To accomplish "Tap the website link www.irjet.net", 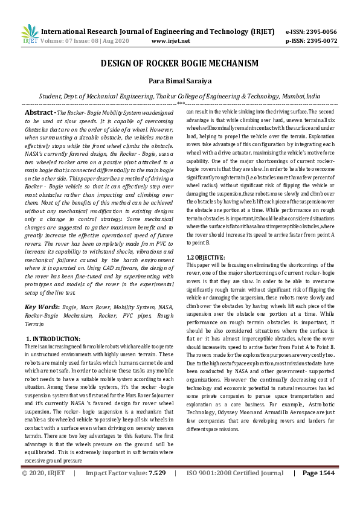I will point(171,41).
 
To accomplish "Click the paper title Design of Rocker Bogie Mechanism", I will point(179,64).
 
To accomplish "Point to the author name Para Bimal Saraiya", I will point(179,82).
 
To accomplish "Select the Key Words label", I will point(42,307).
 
